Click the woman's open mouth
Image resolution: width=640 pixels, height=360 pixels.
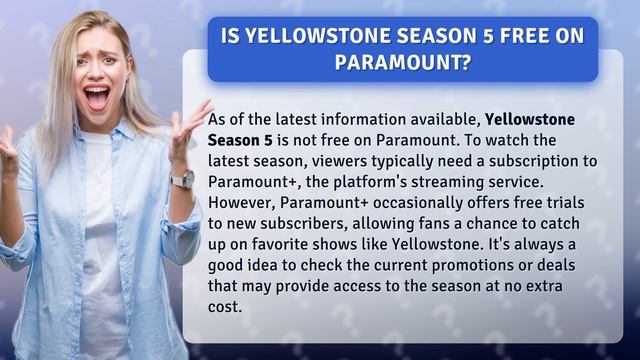pos(97,98)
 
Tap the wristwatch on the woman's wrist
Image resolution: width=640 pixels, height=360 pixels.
pos(183,179)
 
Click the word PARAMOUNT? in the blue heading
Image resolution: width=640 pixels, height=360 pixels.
pos(402,62)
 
